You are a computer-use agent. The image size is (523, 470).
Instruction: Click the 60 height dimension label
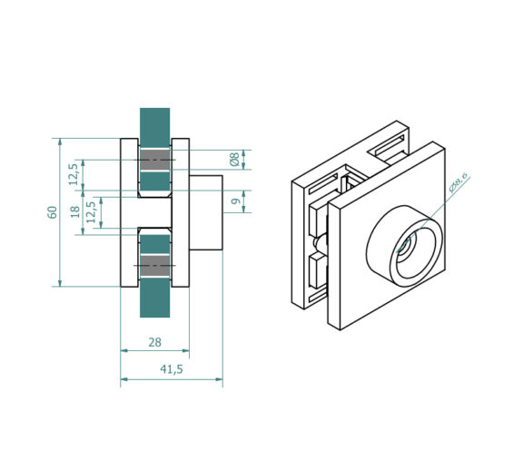coord(53,212)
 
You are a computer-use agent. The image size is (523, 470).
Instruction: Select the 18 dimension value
coord(75,211)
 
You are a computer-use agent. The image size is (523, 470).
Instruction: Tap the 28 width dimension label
coord(154,342)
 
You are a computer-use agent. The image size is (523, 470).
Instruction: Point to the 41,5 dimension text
coord(172,369)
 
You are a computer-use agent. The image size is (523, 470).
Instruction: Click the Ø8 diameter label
coord(234,160)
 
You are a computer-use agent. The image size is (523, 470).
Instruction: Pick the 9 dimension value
coord(235,201)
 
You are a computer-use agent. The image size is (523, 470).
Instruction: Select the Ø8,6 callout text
coord(458,182)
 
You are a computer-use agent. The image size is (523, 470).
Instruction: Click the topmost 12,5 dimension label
coord(73,175)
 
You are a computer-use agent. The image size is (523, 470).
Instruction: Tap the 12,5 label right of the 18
coord(91,212)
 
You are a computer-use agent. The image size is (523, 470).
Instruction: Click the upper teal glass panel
coord(154,152)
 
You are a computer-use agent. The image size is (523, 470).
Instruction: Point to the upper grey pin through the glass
coord(154,161)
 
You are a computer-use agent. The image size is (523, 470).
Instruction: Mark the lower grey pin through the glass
coord(154,266)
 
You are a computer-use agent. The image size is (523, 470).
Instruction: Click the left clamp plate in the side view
coord(129,212)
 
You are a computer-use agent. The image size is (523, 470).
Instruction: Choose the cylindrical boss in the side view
coord(206,212)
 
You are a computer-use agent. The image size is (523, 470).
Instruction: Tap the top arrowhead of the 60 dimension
coord(60,142)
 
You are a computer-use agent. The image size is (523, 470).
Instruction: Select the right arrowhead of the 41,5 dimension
coord(219,379)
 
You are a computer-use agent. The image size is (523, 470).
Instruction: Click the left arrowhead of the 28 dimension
coord(124,350)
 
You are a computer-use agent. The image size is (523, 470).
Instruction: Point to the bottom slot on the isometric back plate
coord(317,295)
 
